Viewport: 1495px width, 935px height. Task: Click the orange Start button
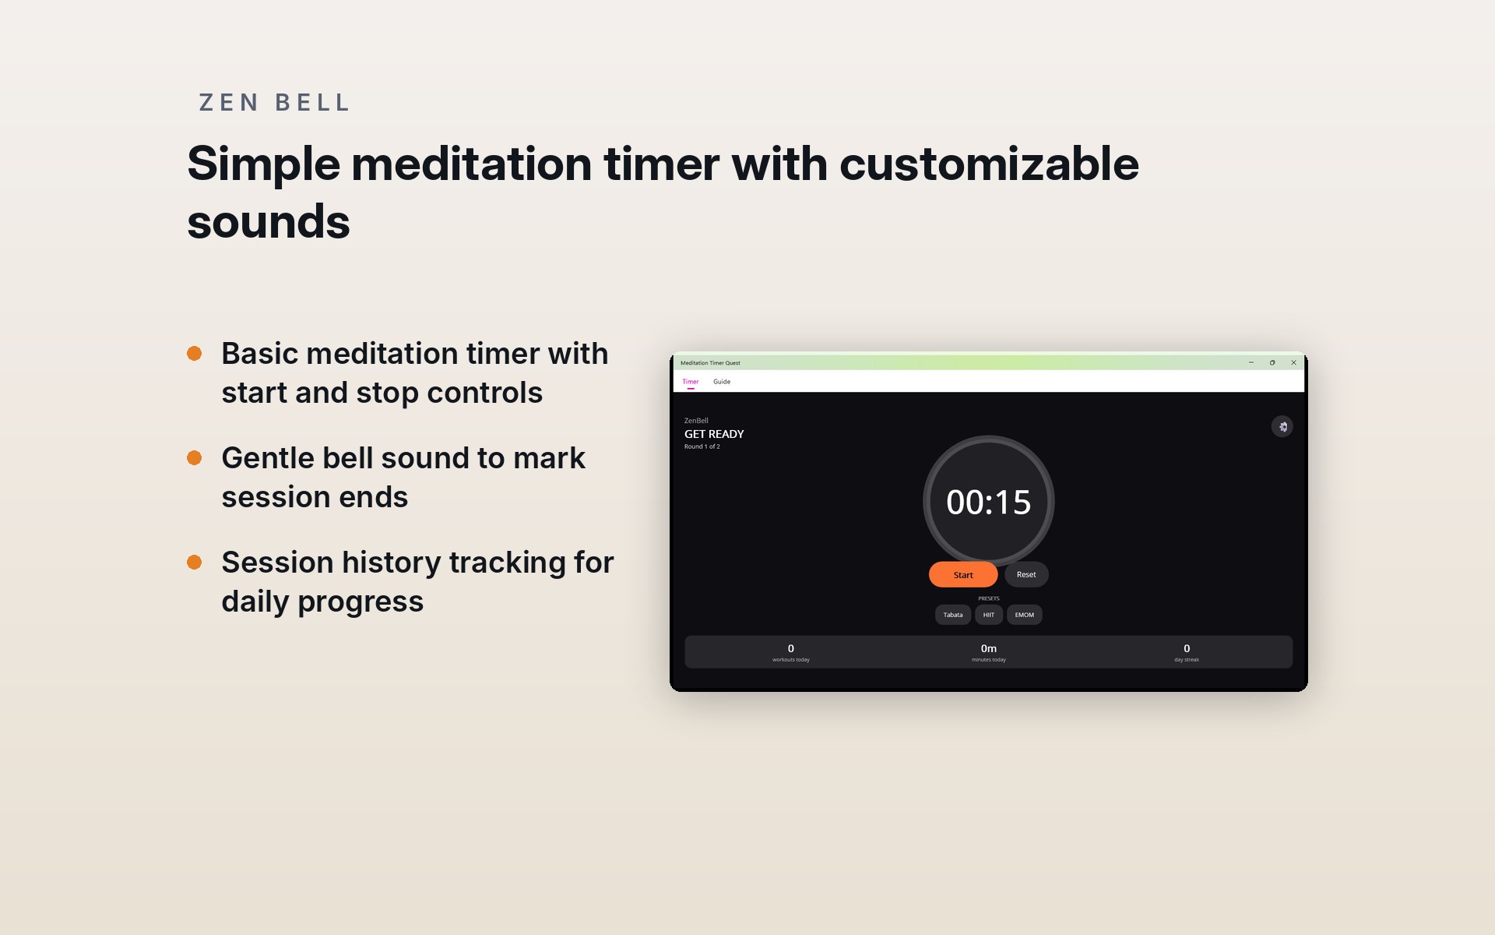pos(963,575)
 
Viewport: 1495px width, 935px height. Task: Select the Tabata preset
pos(953,615)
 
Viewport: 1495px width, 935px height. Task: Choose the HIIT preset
pos(989,615)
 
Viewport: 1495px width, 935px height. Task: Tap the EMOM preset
pos(1025,615)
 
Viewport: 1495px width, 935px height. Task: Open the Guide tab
pos(722,382)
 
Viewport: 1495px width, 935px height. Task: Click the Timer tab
pos(691,382)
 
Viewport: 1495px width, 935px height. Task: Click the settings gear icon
pos(1282,426)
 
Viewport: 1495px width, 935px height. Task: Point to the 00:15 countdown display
pos(989,503)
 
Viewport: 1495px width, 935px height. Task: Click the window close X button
pos(1294,362)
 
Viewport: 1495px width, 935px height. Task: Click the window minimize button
pos(1251,362)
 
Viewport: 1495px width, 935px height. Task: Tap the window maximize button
pos(1272,362)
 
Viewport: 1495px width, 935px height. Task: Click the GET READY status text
pos(714,434)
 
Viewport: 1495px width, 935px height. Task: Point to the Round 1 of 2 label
pos(702,446)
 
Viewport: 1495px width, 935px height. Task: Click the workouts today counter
pos(791,653)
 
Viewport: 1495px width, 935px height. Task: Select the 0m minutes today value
pos(989,648)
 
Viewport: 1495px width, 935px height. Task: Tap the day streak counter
pos(1187,653)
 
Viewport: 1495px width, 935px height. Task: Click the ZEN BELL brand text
pos(274,103)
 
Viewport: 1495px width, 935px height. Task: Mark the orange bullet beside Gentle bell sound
pos(195,458)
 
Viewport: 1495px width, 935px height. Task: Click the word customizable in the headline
pos(989,164)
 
